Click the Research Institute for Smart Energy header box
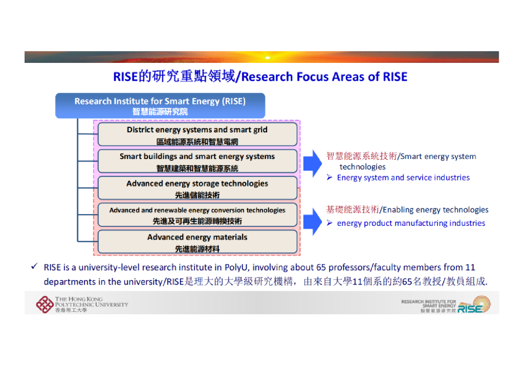(160, 105)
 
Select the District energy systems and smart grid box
(197, 134)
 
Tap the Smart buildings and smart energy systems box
(197, 161)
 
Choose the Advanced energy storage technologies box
(197, 188)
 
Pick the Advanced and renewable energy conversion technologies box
(197, 215)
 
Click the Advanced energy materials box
(197, 242)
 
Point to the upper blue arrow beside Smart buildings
(312, 163)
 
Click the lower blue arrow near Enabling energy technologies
(312, 220)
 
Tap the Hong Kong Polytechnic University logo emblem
(45, 305)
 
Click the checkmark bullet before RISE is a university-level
(34, 267)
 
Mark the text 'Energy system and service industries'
(403, 178)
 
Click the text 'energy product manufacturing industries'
(411, 223)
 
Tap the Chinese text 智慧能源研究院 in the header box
(160, 111)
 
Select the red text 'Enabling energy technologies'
(435, 210)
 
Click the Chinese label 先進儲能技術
(197, 195)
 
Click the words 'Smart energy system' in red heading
(438, 157)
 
